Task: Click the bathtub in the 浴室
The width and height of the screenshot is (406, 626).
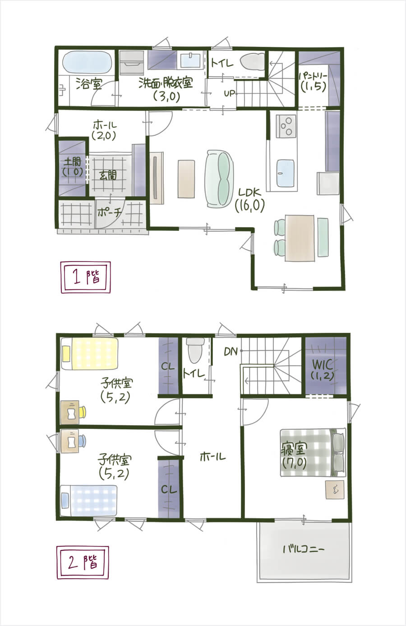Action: coord(87,62)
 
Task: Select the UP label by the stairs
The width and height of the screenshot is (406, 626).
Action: coord(229,93)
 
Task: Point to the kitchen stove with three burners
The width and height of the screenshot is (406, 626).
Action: coord(286,126)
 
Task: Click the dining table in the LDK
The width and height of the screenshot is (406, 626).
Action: coord(300,238)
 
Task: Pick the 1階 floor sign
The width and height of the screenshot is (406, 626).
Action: coord(86,277)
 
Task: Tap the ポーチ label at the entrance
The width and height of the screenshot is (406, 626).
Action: coord(109,213)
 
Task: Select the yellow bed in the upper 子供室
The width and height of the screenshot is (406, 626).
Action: coord(89,354)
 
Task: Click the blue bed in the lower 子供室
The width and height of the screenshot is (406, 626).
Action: coord(89,500)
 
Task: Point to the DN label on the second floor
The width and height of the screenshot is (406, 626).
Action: coord(231,352)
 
